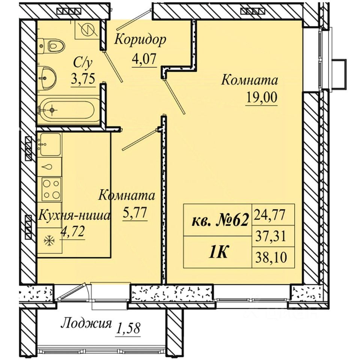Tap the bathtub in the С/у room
67,110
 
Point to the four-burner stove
51,189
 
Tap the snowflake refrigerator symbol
48,241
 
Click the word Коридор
140,40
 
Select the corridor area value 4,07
144,59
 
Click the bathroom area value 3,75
83,79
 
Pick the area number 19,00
262,98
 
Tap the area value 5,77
135,213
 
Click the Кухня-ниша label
74,216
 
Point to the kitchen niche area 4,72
72,232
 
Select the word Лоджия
86,324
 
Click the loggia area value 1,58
128,328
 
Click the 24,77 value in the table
269,215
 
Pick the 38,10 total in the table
270,258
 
